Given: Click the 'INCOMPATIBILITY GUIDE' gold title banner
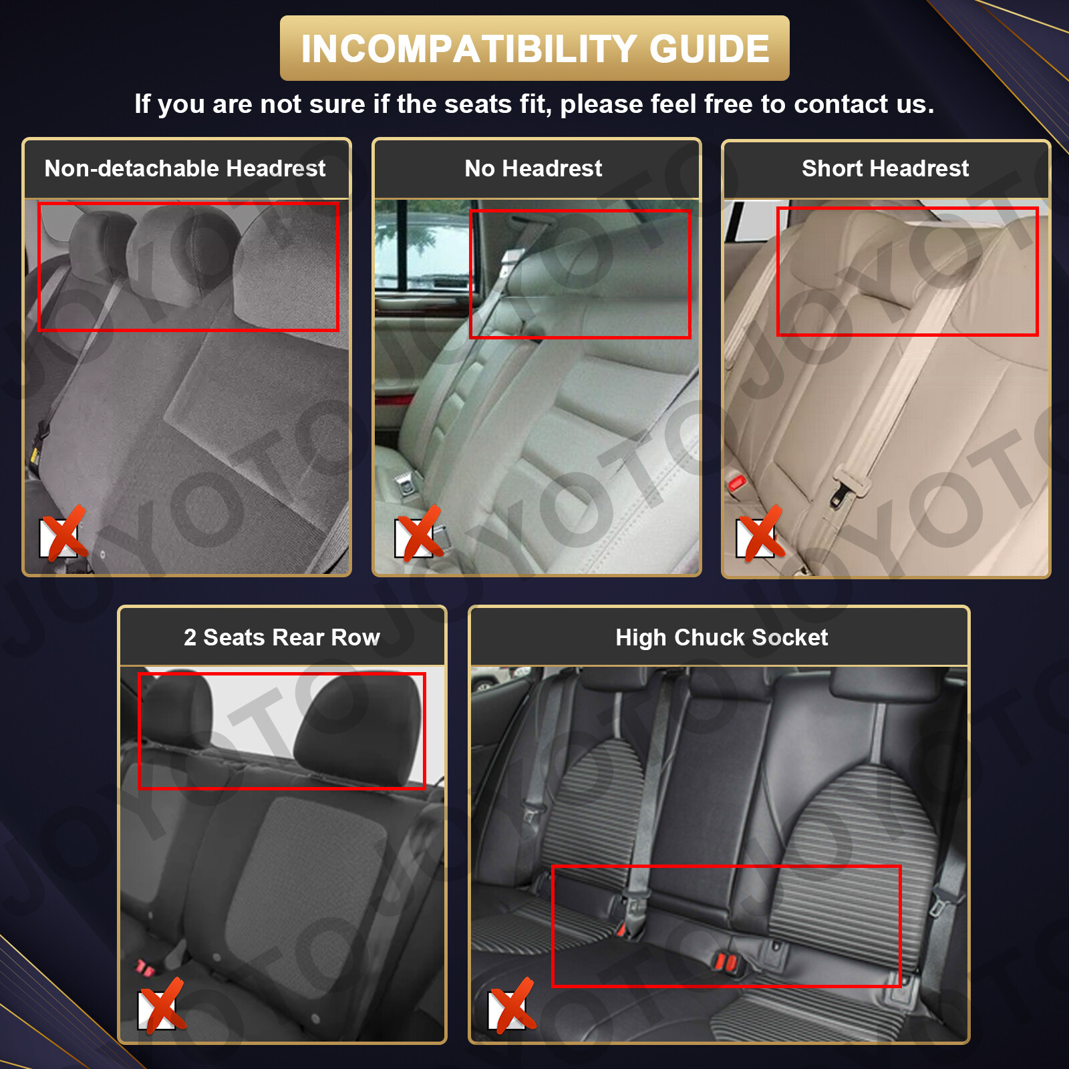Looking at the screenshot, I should [534, 48].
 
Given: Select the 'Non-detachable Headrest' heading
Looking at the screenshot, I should [185, 168].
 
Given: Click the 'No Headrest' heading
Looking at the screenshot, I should [533, 168].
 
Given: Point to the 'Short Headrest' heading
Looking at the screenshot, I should [885, 168].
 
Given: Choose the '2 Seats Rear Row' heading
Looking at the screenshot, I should [282, 637].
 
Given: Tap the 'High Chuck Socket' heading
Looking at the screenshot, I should [722, 637].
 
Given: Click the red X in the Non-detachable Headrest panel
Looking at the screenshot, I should [63, 534].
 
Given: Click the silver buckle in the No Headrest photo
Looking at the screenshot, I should [405, 484].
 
